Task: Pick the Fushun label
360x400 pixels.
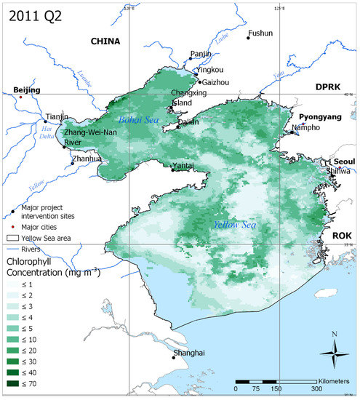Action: tap(261, 33)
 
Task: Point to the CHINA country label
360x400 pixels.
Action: tap(105, 42)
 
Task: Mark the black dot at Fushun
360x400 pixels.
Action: tap(248, 38)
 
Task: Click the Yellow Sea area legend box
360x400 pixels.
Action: tap(12, 237)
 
